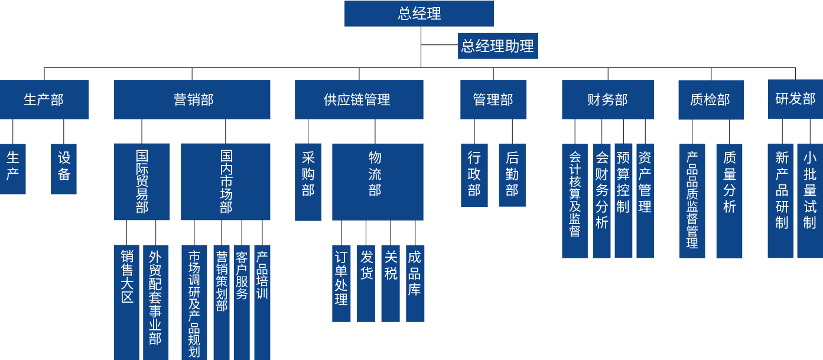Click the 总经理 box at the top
(419, 14)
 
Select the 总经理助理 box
(497, 46)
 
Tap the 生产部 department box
(44, 99)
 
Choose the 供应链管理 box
(359, 99)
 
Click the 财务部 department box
(607, 99)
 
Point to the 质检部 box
(711, 99)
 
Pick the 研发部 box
(795, 99)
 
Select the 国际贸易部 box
(142, 181)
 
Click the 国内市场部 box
(226, 181)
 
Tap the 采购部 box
(308, 181)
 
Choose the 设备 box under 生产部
(64, 168)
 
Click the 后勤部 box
(512, 175)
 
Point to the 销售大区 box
(126, 301)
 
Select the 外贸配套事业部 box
(155, 301)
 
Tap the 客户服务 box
(242, 301)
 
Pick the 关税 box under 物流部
(391, 284)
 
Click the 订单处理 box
(341, 284)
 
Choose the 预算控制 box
(623, 200)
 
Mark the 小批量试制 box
(809, 200)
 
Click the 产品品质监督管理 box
(692, 200)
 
